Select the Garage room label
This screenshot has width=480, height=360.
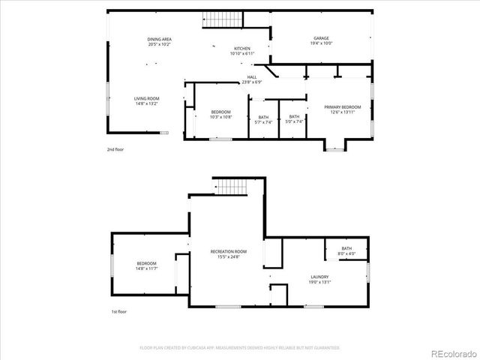pos(321,38)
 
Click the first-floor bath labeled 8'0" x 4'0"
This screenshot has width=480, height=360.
pos(346,250)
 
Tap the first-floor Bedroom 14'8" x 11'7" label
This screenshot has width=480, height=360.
pos(146,265)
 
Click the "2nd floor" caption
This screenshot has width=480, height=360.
pos(115,149)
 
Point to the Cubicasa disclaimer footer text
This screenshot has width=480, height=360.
pos(239,347)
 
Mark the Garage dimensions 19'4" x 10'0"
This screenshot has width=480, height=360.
pos(321,43)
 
